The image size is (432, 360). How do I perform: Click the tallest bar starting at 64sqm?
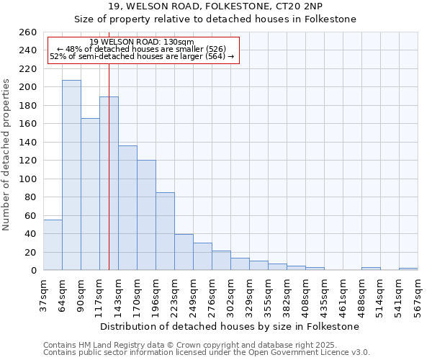(71, 175)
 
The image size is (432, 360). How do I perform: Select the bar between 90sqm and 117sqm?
(90, 194)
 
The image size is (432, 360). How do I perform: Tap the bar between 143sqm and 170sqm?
(127, 208)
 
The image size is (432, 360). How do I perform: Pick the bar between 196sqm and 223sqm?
(165, 231)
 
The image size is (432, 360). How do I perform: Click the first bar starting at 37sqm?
(53, 245)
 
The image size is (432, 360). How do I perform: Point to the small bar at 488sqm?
(371, 269)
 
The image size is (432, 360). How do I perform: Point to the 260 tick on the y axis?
(28, 32)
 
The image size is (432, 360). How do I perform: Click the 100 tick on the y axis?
(28, 179)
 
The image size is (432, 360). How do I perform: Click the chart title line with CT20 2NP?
(216, 6)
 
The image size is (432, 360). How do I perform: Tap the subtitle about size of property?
(216, 19)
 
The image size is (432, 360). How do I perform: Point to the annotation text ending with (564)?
(143, 56)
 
